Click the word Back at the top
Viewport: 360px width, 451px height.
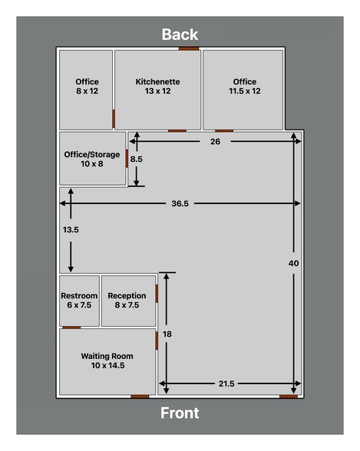[180, 35]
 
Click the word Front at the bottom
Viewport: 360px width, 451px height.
[180, 413]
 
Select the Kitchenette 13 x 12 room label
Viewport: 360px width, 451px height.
[157, 86]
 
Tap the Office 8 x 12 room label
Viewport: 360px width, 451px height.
[87, 86]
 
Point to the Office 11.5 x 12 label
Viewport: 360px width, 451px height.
[244, 86]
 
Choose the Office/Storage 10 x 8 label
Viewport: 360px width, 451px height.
[91, 158]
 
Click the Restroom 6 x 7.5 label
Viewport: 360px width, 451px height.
[79, 300]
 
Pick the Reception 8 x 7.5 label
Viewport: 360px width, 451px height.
[127, 300]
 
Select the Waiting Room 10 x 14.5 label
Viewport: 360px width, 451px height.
[107, 360]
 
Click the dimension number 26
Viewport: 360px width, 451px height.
[215, 141]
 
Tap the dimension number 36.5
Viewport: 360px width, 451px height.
[180, 203]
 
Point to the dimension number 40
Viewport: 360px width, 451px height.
[293, 263]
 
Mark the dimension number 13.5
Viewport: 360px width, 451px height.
[71, 229]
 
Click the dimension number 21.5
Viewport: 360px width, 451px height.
[226, 383]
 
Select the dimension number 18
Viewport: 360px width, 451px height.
[167, 334]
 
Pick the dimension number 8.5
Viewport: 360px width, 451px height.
[137, 159]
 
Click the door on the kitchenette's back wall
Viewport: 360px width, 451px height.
[189, 48]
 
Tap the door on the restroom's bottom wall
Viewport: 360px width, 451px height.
[71, 328]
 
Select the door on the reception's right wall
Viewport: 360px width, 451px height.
[157, 294]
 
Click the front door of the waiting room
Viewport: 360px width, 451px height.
[140, 397]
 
